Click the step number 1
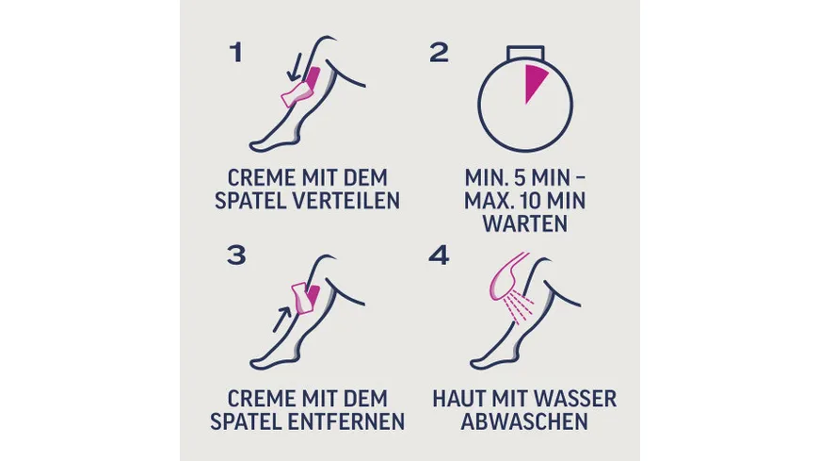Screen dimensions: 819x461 236,53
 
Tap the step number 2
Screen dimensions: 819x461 439,53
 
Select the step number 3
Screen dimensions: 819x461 236,255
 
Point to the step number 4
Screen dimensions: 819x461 439,255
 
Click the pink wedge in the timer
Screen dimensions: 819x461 534,80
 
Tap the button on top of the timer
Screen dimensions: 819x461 525,53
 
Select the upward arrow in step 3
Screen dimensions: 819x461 282,320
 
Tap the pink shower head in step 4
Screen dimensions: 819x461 506,276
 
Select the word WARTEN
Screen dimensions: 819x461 525,224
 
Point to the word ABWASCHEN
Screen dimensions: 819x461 524,421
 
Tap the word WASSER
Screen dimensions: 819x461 578,400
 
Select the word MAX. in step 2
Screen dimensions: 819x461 488,201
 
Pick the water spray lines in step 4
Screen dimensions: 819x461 520,306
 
